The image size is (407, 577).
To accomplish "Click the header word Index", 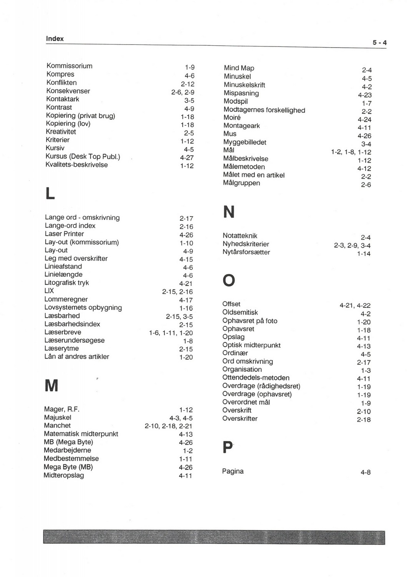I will pyautogui.click(x=55, y=39).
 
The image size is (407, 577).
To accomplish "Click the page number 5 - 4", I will pyautogui.click(x=379, y=43).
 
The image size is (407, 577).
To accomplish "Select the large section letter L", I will pyautogui.click(x=50, y=193).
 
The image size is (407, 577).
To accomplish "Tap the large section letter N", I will pyautogui.click(x=228, y=212).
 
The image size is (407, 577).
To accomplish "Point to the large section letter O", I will pyautogui.click(x=229, y=280).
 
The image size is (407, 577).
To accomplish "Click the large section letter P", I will pyautogui.click(x=227, y=447).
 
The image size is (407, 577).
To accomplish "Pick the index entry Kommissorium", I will pyautogui.click(x=69, y=66).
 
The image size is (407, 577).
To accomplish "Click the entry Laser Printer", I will pyautogui.click(x=64, y=234).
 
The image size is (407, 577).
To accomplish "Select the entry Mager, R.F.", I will pyautogui.click(x=61, y=409).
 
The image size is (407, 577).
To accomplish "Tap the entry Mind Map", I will pyautogui.click(x=239, y=68).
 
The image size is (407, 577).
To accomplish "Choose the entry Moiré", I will pyautogui.click(x=232, y=117).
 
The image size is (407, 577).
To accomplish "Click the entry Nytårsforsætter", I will pyautogui.click(x=246, y=252).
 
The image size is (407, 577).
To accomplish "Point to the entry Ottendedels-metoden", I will pyautogui.click(x=256, y=378).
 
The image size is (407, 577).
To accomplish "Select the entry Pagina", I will pyautogui.click(x=233, y=471).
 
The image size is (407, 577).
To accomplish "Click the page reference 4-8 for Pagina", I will pyautogui.click(x=366, y=473).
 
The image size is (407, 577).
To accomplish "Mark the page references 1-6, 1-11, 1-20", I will pyautogui.click(x=171, y=333).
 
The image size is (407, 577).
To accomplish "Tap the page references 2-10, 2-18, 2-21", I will pyautogui.click(x=169, y=426).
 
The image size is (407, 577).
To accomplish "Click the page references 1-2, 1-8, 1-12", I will pyautogui.click(x=351, y=152).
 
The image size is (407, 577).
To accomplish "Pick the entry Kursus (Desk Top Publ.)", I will pyautogui.click(x=83, y=156).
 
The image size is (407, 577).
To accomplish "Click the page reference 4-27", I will pyautogui.click(x=187, y=158).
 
